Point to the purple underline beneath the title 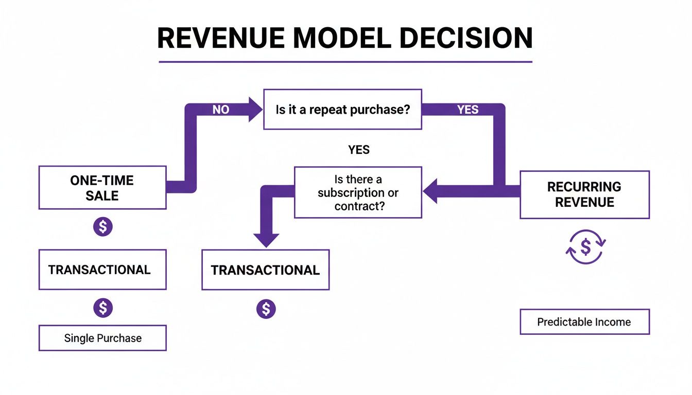pos(345,62)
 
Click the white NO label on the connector pos(220,110)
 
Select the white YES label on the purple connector pos(468,110)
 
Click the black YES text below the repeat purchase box pos(359,150)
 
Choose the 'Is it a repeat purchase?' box pos(342,109)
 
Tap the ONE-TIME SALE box pos(102,188)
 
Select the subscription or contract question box pos(358,192)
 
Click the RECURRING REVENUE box pos(584,194)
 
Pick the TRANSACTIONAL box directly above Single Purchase pos(102,270)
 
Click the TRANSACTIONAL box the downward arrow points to pos(265,270)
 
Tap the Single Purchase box pos(102,338)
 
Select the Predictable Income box pos(584,322)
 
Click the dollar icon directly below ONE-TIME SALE pos(102,226)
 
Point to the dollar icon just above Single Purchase pos(102,308)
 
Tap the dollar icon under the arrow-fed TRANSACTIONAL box pos(266,309)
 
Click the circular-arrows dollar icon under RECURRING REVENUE pos(586,247)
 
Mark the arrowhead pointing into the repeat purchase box pos(255,110)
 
